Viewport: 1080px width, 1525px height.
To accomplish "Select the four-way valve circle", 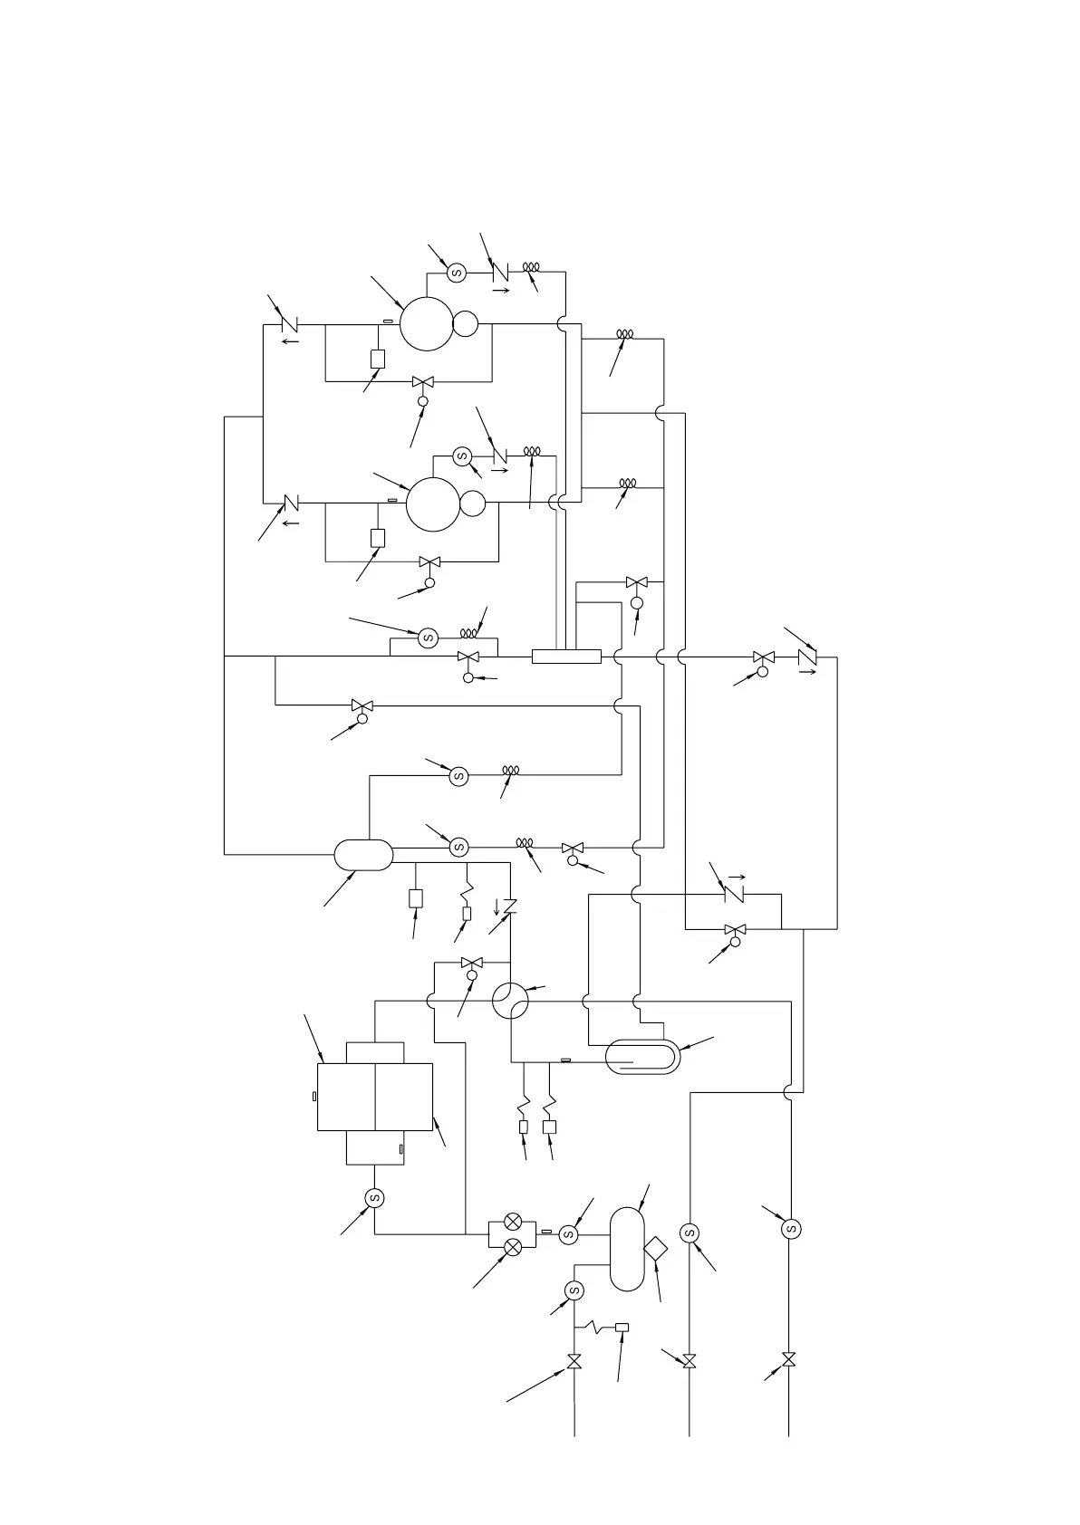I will pyautogui.click(x=510, y=1001).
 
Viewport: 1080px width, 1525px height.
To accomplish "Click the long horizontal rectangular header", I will pyautogui.click(x=566, y=657).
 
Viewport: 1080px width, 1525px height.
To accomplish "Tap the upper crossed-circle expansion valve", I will pyautogui.click(x=512, y=1223).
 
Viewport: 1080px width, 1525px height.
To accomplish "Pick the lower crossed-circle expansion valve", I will pyautogui.click(x=512, y=1247).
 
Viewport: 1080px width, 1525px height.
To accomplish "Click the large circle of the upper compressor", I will pyautogui.click(x=427, y=323).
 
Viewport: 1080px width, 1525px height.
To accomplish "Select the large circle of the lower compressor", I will pyautogui.click(x=433, y=504).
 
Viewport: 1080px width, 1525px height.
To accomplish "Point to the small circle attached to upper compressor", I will pyautogui.click(x=466, y=323).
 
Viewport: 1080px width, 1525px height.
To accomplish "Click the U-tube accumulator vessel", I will pyautogui.click(x=641, y=1057).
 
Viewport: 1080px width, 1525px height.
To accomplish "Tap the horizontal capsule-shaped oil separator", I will pyautogui.click(x=363, y=854).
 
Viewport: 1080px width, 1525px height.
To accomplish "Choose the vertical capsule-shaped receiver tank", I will pyautogui.click(x=627, y=1249).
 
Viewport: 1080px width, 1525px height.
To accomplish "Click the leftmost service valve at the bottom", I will pyautogui.click(x=574, y=1361).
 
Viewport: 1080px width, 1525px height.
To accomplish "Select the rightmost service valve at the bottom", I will pyautogui.click(x=788, y=1360).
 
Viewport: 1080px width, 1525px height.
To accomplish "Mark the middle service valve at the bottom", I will pyautogui.click(x=689, y=1361).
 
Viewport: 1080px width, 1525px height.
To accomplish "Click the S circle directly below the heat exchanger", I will pyautogui.click(x=374, y=1198).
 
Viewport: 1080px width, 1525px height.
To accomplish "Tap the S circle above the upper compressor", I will pyautogui.click(x=457, y=273).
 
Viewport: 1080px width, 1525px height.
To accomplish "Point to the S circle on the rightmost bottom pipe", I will pyautogui.click(x=791, y=1229).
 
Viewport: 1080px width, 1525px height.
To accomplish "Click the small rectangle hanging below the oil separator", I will pyautogui.click(x=416, y=898).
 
